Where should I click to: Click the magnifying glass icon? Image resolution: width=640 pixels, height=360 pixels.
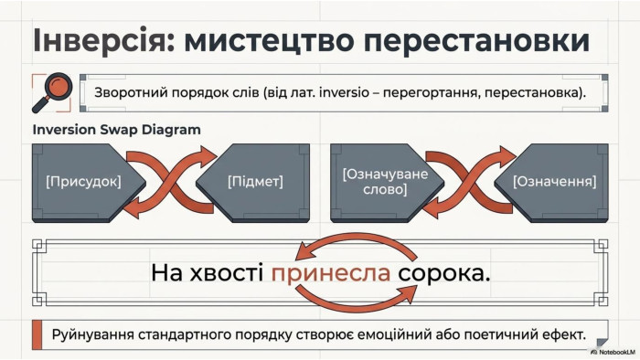point(53,92)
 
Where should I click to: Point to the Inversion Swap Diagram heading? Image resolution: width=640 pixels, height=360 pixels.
point(117,130)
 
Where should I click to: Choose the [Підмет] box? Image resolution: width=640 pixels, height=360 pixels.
point(253,182)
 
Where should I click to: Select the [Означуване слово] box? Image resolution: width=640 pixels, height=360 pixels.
point(387,182)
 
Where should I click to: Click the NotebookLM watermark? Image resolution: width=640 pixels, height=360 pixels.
point(613,352)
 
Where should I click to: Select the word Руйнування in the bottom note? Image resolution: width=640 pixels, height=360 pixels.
point(93,335)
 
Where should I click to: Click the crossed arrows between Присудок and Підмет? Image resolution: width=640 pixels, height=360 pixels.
point(171,182)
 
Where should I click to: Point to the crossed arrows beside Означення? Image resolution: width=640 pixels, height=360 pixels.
point(469,182)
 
